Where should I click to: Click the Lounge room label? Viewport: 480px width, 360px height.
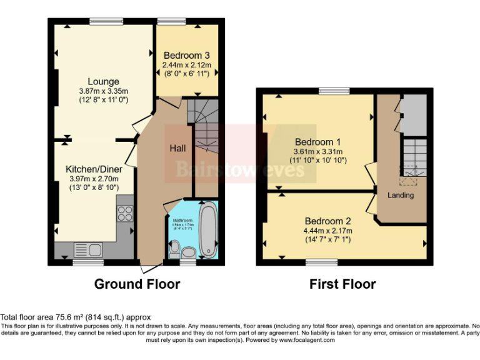[x=103, y=82]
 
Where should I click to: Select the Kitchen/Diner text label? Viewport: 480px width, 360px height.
[x=94, y=169]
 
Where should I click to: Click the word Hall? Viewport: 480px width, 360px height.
[x=177, y=149]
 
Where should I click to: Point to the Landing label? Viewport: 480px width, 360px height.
[x=401, y=195]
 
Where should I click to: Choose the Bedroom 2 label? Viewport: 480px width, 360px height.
[x=327, y=221]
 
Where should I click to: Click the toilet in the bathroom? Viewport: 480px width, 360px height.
[x=176, y=251]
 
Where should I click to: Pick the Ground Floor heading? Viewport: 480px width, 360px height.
[x=137, y=284]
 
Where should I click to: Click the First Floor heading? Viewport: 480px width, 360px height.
[x=342, y=284]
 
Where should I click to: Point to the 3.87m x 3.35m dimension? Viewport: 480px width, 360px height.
[x=104, y=91]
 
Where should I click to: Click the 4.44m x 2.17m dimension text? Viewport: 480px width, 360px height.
[x=328, y=231]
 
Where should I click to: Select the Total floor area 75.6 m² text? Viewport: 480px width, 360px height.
[x=76, y=317]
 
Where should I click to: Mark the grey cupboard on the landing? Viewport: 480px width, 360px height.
[x=412, y=116]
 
